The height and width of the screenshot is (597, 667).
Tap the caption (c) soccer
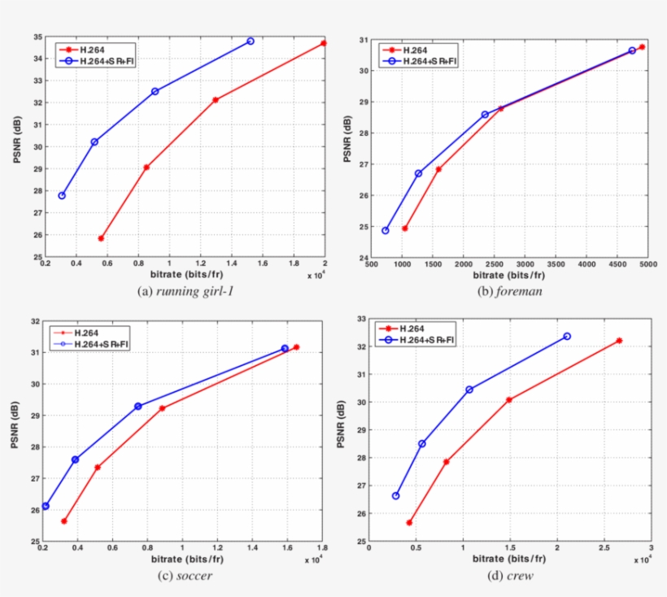click(x=183, y=576)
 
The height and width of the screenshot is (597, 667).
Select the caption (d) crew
click(x=510, y=576)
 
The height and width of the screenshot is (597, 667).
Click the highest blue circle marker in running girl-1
click(x=251, y=41)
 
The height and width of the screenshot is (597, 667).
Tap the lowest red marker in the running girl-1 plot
click(x=101, y=238)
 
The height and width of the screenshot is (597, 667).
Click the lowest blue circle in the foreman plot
click(x=386, y=230)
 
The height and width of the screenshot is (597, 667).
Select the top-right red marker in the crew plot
click(x=619, y=340)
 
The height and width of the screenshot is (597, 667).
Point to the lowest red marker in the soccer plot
click(x=64, y=521)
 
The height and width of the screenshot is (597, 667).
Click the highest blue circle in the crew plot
click(x=567, y=336)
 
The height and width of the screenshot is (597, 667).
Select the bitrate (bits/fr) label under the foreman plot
click(x=504, y=275)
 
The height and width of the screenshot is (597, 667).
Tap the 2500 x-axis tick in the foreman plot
click(x=495, y=264)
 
